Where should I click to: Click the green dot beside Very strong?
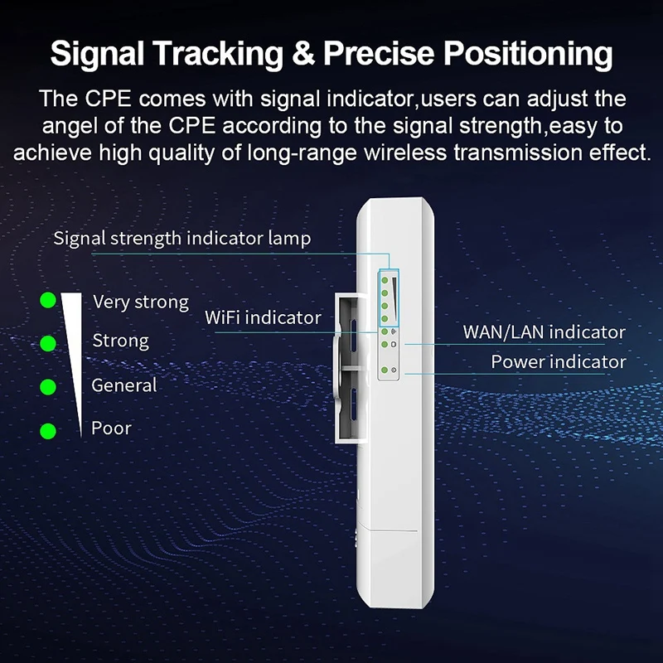pos(48,300)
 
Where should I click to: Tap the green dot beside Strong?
pos(48,343)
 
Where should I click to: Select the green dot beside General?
pos(48,387)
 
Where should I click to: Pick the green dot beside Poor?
pos(48,431)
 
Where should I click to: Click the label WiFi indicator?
pos(263,317)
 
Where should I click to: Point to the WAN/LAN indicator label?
pos(544,332)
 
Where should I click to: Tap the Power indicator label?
pos(559,361)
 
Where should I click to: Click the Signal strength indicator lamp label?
pos(182,239)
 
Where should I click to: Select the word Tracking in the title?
pos(218,54)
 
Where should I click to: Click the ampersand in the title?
pos(302,53)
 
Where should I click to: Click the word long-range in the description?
pos(302,153)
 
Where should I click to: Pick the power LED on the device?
pos(385,370)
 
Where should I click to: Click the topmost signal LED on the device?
pos(385,280)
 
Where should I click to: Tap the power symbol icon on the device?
pos(394,370)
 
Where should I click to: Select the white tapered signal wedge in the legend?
pos(73,360)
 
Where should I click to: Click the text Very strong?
pos(141,302)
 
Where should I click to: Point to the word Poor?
pos(111,428)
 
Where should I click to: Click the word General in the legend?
pos(123,385)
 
